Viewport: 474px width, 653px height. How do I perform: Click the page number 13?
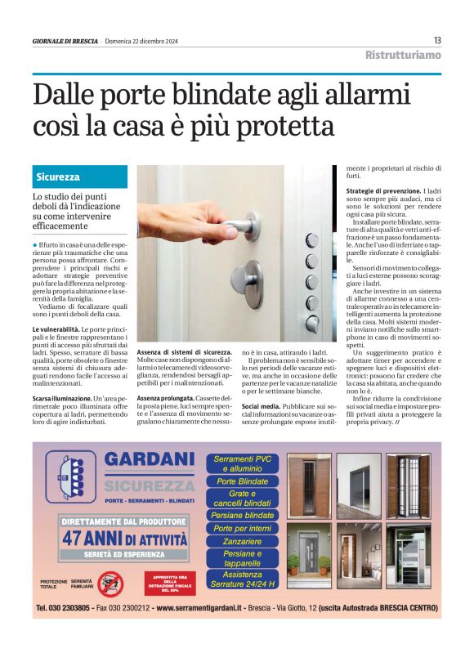click(437, 40)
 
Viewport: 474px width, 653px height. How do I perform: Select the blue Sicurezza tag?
click(58, 177)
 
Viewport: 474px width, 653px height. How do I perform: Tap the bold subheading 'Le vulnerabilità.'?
click(57, 329)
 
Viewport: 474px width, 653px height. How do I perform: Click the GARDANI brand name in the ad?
click(149, 460)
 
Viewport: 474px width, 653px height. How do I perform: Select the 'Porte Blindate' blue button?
click(242, 482)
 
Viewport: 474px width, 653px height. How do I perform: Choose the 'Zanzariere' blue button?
click(242, 541)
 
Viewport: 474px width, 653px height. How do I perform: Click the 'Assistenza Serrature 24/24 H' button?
click(242, 579)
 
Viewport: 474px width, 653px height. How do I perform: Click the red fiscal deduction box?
click(170, 583)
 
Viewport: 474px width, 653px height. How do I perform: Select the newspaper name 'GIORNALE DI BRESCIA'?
click(65, 41)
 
